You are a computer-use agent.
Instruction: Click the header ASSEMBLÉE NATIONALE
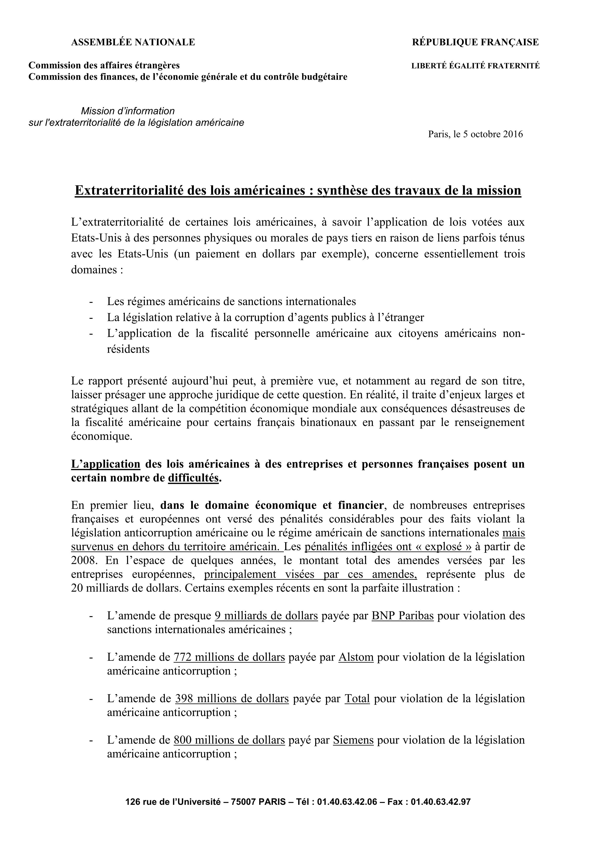point(133,43)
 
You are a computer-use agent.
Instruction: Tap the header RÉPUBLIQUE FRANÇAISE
point(475,43)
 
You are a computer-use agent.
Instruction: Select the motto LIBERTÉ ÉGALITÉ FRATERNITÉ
point(475,66)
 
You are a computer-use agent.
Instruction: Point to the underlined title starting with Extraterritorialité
point(298,191)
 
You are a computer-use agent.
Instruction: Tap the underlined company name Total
point(357,698)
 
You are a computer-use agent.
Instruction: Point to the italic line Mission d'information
point(128,111)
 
